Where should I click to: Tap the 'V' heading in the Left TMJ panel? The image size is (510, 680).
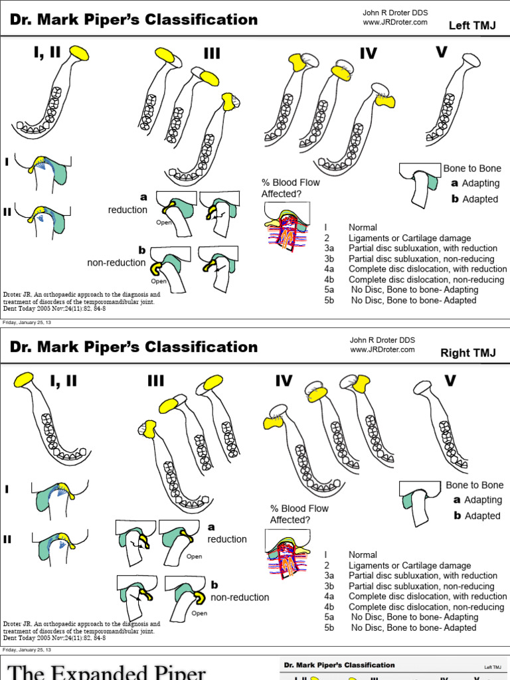[x=442, y=52]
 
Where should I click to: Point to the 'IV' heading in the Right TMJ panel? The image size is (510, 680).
[x=284, y=381]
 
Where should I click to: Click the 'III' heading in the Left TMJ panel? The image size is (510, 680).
[x=212, y=53]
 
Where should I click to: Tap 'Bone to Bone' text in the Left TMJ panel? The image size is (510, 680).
[x=472, y=169]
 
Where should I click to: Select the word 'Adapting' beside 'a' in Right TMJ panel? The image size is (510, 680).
[x=483, y=500]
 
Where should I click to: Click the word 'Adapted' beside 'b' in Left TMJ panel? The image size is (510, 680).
[x=480, y=199]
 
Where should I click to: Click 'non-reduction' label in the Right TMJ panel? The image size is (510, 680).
[x=240, y=597]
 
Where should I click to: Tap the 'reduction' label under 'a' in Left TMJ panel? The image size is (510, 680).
[x=127, y=210]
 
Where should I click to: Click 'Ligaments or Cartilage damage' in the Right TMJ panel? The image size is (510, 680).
[x=409, y=565]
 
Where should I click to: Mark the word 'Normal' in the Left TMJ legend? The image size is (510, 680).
[x=363, y=228]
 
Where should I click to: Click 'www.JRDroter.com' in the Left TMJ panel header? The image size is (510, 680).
[x=394, y=22]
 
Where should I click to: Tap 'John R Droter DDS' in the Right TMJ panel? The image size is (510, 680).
[x=382, y=340]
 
